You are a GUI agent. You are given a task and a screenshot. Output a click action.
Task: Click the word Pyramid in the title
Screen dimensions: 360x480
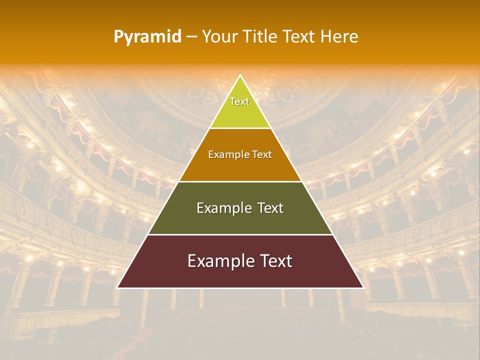[147, 37]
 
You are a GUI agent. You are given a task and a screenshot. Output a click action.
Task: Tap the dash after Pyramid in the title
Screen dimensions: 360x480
[191, 37]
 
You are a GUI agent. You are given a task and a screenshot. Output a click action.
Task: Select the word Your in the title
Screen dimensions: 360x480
[217, 37]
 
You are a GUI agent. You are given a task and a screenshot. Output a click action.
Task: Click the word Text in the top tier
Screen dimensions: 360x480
[239, 101]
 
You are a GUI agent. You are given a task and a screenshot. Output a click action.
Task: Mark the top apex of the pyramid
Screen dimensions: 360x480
[240, 76]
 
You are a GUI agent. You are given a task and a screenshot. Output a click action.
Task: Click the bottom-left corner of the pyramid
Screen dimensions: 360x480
[117, 287]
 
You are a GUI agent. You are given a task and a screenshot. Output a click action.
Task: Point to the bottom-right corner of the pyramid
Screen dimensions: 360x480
[362, 287]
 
